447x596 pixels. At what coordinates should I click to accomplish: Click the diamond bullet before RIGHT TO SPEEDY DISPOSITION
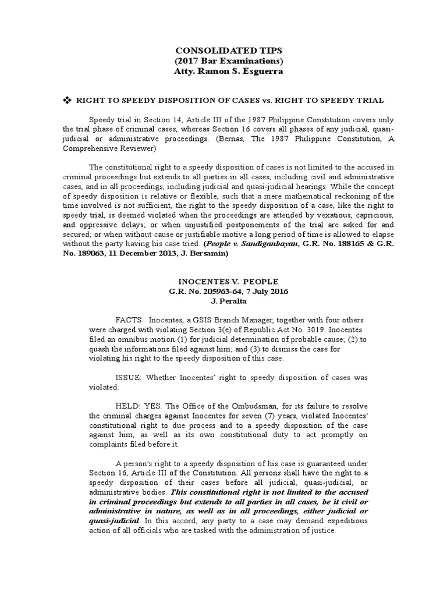pos(66,101)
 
